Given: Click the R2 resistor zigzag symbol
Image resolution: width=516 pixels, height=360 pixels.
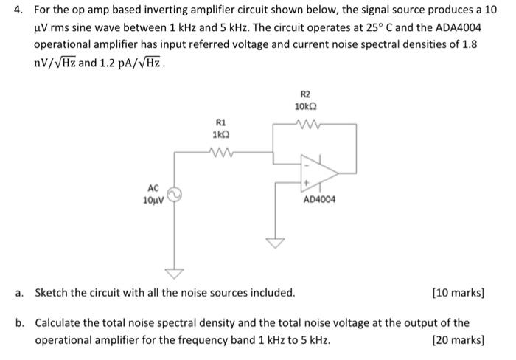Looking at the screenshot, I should (306, 124).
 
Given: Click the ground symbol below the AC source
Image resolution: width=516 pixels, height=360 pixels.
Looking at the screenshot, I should (175, 274).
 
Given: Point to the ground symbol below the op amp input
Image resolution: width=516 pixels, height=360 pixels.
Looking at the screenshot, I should (276, 243).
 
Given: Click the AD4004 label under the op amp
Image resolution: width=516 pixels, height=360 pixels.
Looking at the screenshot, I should (319, 199).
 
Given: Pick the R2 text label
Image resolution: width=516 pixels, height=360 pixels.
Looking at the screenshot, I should (306, 94).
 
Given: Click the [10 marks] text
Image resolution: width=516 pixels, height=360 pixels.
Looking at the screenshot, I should (459, 293).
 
